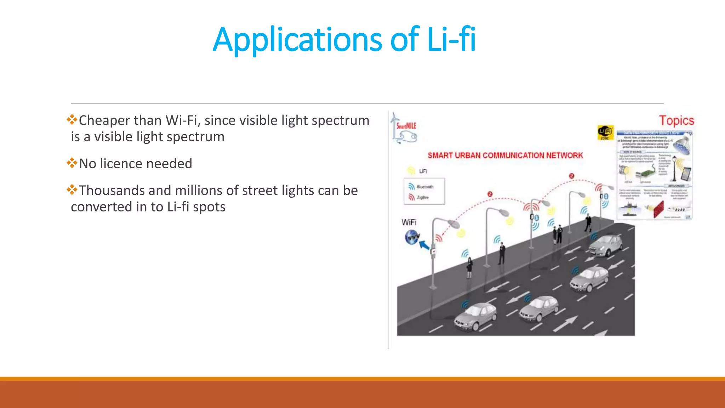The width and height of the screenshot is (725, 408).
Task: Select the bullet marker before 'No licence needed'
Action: tap(72, 163)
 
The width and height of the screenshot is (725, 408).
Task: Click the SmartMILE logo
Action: tap(404, 129)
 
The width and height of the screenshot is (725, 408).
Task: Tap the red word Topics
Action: tap(676, 120)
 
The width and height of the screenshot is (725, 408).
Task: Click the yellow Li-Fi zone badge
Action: tap(605, 132)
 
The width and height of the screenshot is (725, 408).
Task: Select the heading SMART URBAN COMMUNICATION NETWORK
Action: tap(505, 155)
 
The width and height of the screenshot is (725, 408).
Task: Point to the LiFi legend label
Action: tap(423, 171)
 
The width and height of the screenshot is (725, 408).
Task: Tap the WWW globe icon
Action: tap(412, 237)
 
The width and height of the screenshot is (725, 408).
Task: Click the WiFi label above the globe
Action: tap(409, 222)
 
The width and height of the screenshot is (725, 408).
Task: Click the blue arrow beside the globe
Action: tap(424, 245)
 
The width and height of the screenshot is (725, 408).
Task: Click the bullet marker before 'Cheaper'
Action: tap(72, 120)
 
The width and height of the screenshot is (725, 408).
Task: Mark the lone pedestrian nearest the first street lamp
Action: tap(470, 267)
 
